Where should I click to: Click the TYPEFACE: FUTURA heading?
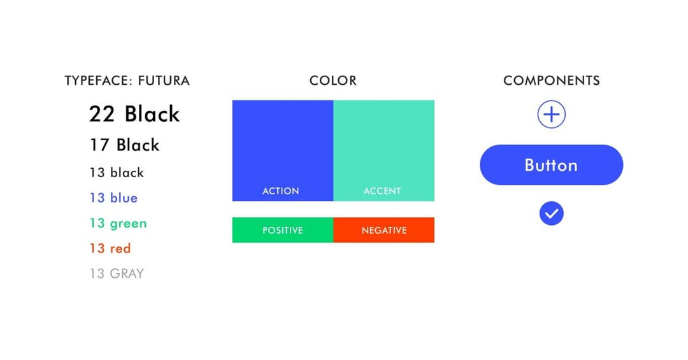click(x=127, y=81)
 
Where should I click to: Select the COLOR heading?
click(x=333, y=81)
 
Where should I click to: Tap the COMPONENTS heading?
click(x=552, y=81)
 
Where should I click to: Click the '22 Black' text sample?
click(x=134, y=114)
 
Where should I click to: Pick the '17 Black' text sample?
click(x=125, y=145)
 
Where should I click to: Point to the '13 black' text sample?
click(x=117, y=173)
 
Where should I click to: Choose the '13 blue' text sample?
click(x=113, y=198)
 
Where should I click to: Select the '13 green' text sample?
click(x=118, y=224)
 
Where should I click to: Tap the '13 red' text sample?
click(x=110, y=248)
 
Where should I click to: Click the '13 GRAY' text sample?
click(x=117, y=273)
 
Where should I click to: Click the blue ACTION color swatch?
click(x=283, y=150)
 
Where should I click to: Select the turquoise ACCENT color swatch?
click(x=384, y=150)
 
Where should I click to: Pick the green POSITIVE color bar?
click(x=283, y=230)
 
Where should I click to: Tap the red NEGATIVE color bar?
click(x=384, y=230)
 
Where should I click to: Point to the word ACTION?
click(x=281, y=191)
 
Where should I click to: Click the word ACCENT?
click(x=382, y=191)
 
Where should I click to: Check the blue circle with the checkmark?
click(x=552, y=213)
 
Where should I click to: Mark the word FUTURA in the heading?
click(x=164, y=81)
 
